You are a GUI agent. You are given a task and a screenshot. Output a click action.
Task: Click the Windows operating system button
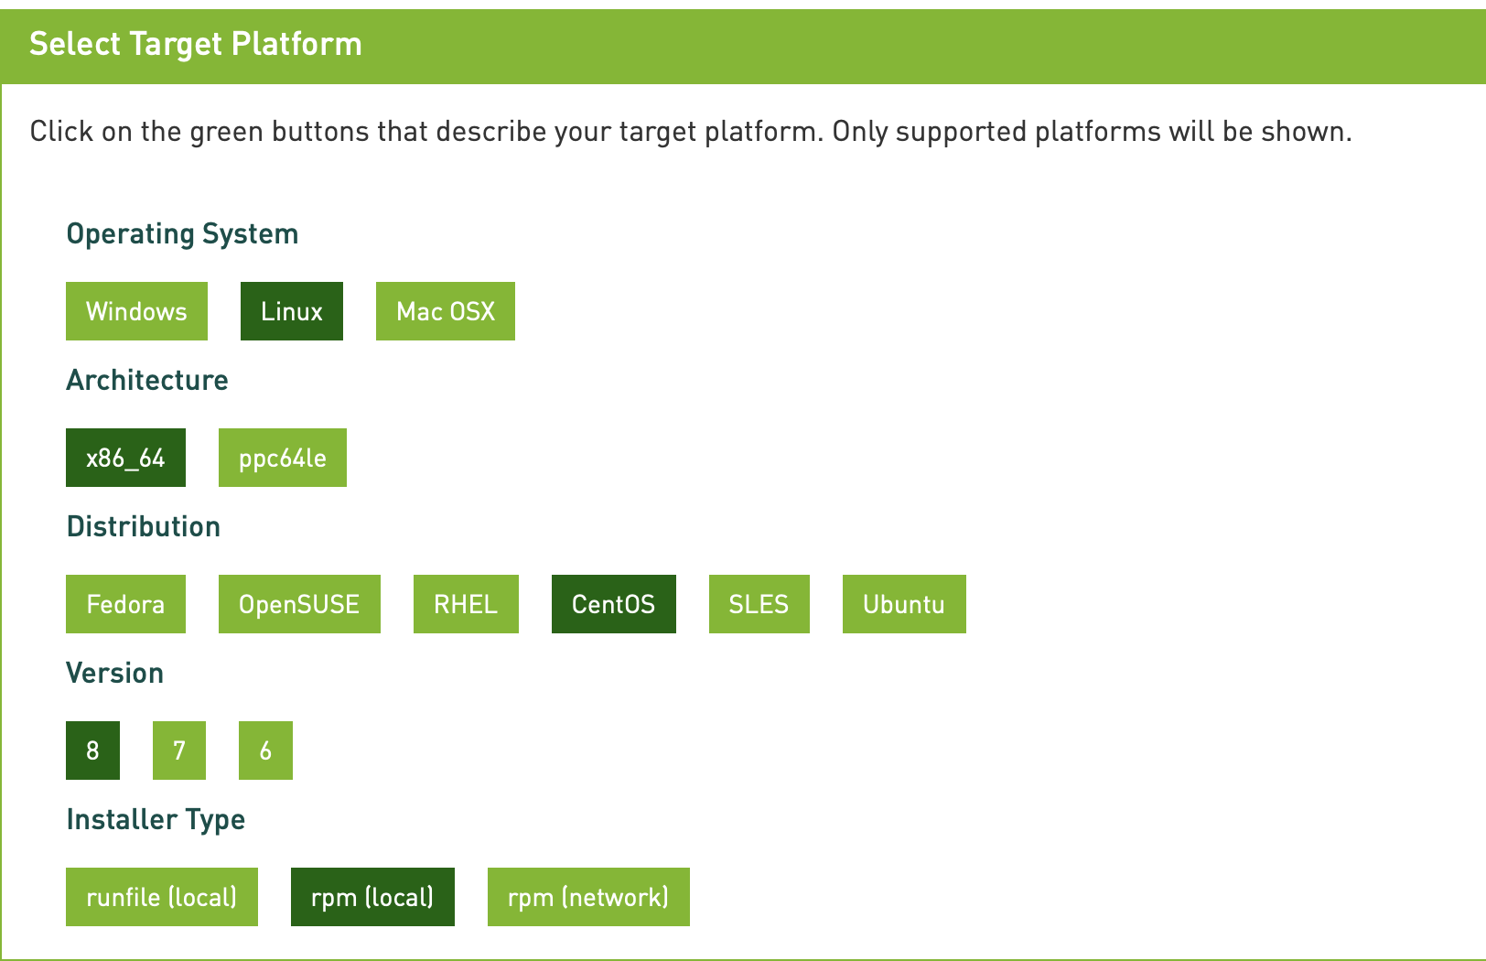[136, 311]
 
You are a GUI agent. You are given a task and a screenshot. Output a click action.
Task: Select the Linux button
[292, 311]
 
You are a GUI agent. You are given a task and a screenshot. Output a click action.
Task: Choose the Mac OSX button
[445, 311]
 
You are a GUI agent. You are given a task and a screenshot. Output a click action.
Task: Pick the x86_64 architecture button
[125, 458]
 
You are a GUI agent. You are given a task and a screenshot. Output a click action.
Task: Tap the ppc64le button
[283, 458]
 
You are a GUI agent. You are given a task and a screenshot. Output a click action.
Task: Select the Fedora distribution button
[125, 604]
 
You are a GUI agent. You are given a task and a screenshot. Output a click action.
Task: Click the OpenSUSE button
[299, 604]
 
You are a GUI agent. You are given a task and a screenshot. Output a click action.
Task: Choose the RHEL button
[466, 604]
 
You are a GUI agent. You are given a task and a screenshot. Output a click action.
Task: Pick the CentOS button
[614, 604]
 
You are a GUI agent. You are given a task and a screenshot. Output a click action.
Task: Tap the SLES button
[759, 604]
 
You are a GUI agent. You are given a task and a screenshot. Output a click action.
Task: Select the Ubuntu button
[904, 604]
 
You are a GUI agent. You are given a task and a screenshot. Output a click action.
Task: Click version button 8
[93, 750]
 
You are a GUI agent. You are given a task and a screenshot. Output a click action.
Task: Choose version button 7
[179, 750]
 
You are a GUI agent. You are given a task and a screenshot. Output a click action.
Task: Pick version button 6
[265, 750]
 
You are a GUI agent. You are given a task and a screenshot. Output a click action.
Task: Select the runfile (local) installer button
[162, 897]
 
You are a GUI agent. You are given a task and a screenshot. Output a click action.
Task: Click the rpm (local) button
[372, 897]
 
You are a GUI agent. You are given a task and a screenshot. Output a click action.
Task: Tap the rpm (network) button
[588, 897]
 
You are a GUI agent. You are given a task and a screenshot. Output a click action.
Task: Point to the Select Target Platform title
[196, 45]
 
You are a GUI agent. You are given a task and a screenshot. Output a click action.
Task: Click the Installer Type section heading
[156, 820]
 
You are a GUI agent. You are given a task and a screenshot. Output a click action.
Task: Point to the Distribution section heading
[144, 526]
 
